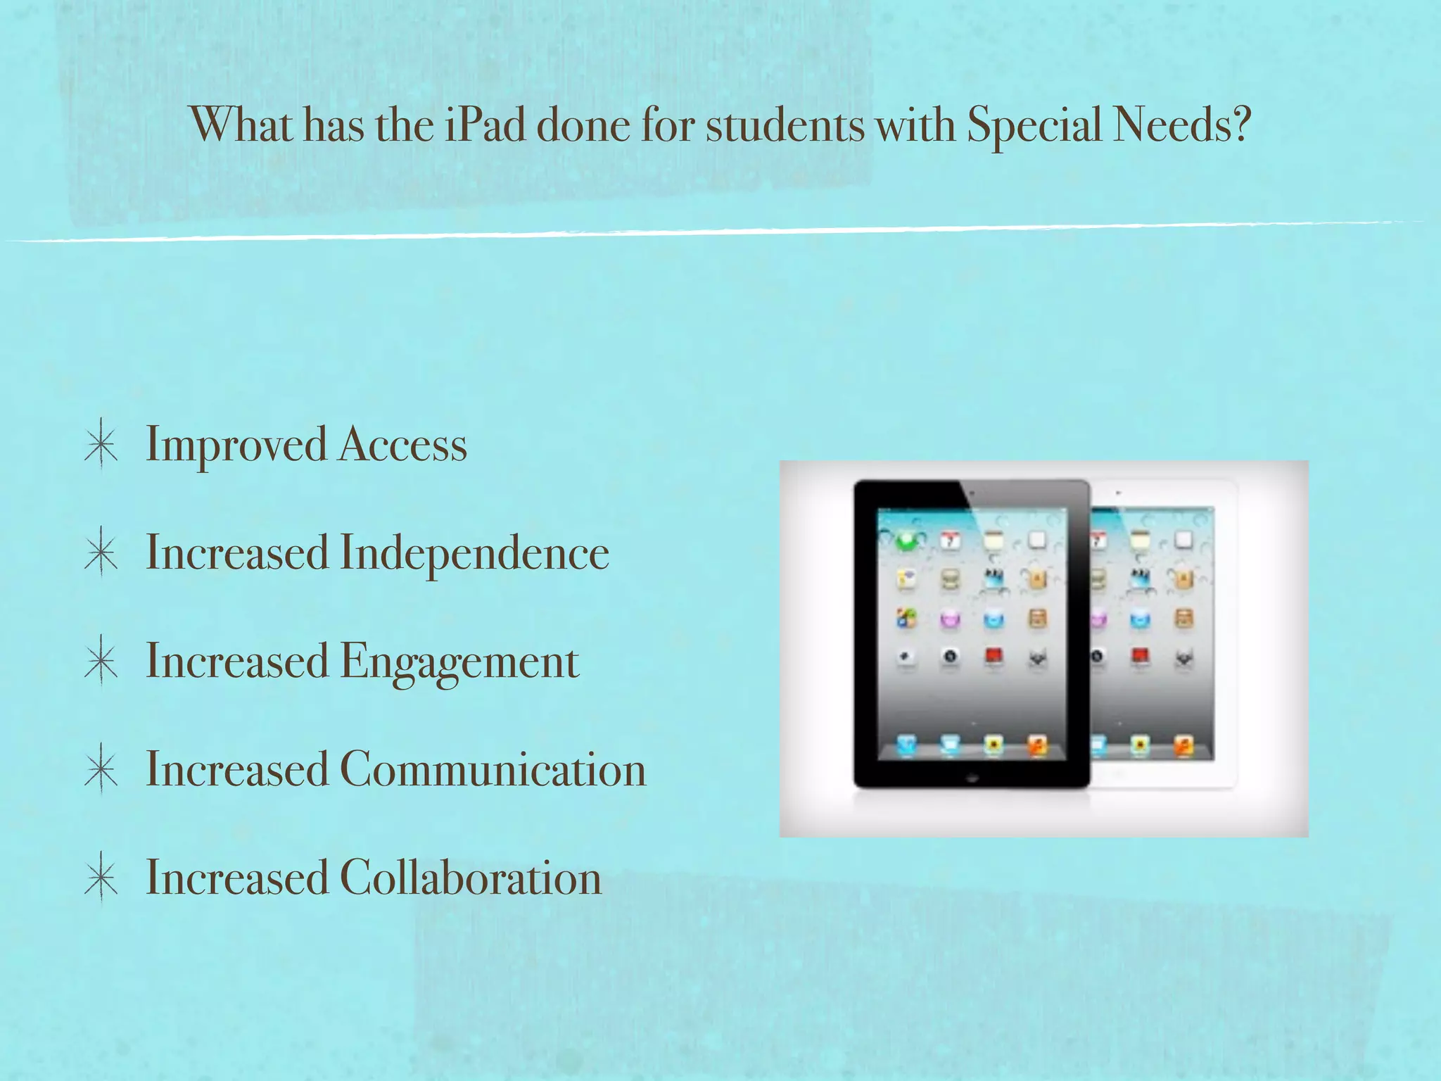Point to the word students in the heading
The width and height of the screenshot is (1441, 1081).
[x=785, y=125]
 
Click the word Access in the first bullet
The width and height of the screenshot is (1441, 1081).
[x=403, y=445]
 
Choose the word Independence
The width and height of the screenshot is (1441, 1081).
[x=475, y=554]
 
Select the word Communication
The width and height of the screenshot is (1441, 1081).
[x=493, y=769]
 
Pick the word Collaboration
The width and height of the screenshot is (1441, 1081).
[x=471, y=878]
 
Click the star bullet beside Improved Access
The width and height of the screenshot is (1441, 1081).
[x=101, y=445]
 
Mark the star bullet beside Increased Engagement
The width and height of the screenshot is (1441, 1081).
[x=101, y=662]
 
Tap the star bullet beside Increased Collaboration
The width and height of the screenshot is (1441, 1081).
[x=101, y=878]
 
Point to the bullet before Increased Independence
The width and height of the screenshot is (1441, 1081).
[x=101, y=553]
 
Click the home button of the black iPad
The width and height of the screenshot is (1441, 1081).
[x=972, y=778]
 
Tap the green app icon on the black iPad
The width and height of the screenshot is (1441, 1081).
[x=906, y=541]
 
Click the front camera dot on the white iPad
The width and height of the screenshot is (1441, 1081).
[x=1118, y=493]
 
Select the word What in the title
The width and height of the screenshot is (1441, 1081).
[x=242, y=125]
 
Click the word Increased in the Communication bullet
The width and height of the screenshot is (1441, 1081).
[x=237, y=769]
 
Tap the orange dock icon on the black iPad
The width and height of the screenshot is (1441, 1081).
[x=1037, y=745]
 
